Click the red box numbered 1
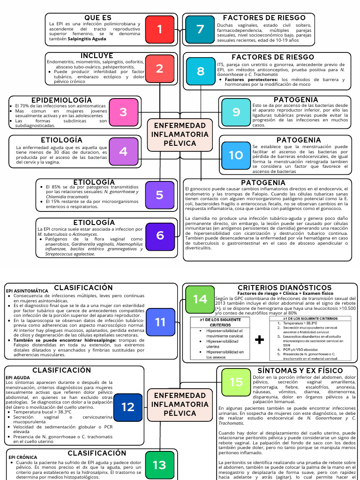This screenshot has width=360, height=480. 159,30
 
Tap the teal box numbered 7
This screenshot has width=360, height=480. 200,30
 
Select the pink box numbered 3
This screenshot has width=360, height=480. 123,112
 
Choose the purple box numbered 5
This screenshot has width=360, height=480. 159,195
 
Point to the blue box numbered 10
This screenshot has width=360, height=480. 236,155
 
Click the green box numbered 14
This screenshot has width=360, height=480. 200,299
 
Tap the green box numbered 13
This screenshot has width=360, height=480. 159,465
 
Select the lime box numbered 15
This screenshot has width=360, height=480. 236,382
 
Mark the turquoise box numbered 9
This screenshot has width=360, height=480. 236,112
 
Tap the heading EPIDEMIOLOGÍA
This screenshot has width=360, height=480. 61,100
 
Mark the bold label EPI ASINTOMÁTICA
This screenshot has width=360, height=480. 27,291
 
